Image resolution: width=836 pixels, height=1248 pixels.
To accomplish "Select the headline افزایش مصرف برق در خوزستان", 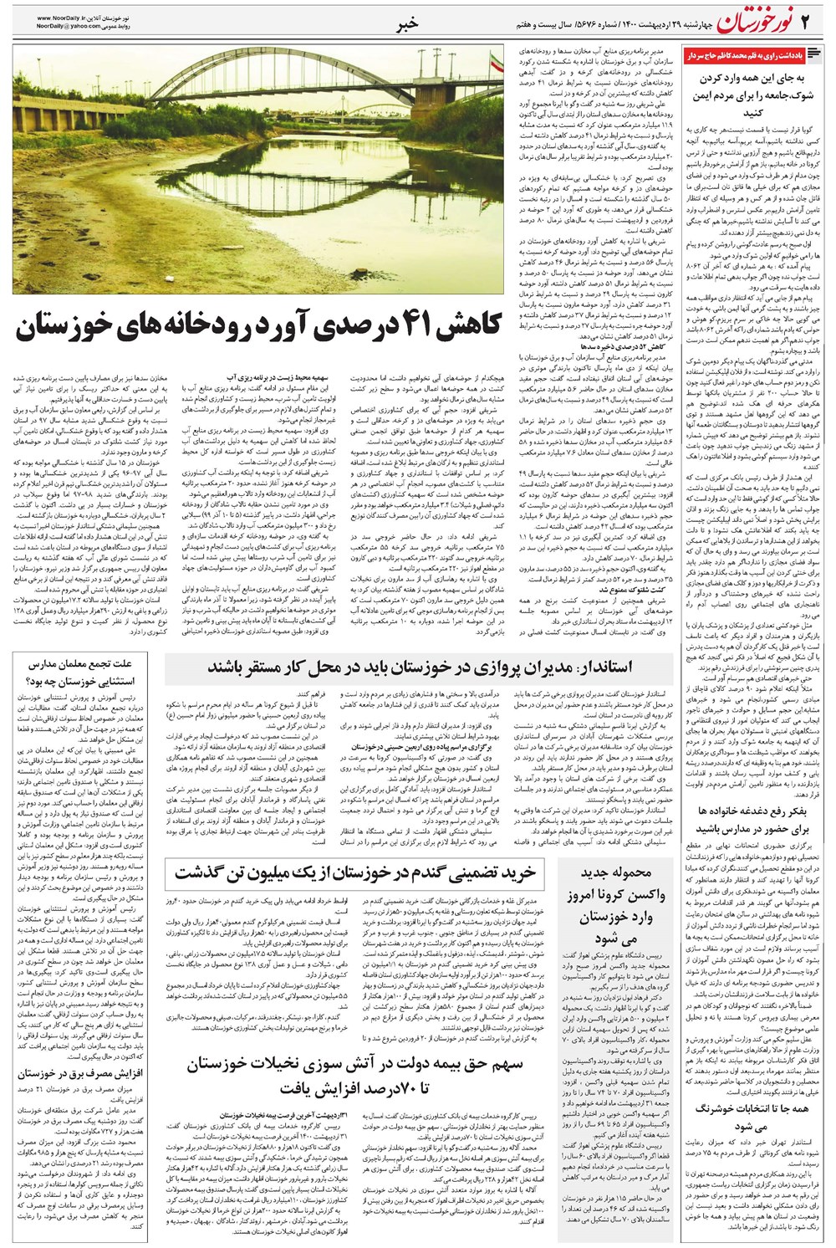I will [78, 1072].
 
